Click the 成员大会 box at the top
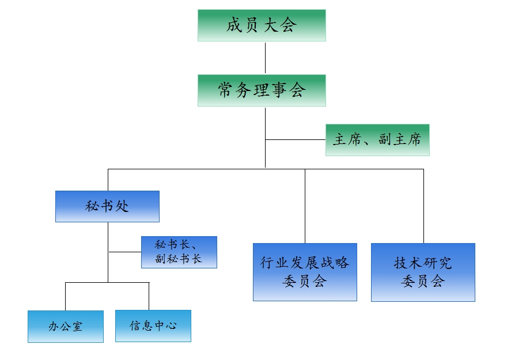(262, 25)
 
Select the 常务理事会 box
(262, 90)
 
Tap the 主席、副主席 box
(377, 140)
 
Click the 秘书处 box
(107, 206)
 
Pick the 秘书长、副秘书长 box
(179, 252)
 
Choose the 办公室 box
(66, 327)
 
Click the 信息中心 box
(153, 326)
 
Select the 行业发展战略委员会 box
(305, 272)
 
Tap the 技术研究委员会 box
(423, 272)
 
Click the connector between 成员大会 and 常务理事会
(265, 58)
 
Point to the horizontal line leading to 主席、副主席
(295, 139)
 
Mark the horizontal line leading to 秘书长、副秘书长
(124, 252)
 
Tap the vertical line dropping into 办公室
(65, 297)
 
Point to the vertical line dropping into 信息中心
(149, 296)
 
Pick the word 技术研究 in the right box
(423, 263)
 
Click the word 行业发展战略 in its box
(305, 263)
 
